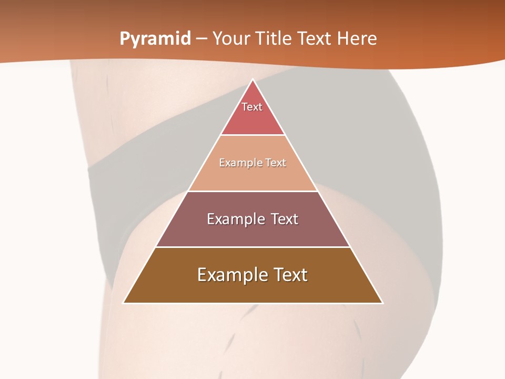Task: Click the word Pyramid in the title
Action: [x=155, y=39]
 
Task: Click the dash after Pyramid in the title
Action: [x=202, y=39]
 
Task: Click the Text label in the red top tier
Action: [x=252, y=107]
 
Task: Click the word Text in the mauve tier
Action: [x=285, y=219]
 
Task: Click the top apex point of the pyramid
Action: [x=252, y=79]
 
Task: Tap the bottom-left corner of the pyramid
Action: [x=124, y=303]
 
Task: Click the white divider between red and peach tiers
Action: [x=252, y=135]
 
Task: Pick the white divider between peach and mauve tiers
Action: [x=252, y=191]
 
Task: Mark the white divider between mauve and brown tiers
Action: [x=252, y=247]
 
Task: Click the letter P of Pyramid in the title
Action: [x=125, y=39]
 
